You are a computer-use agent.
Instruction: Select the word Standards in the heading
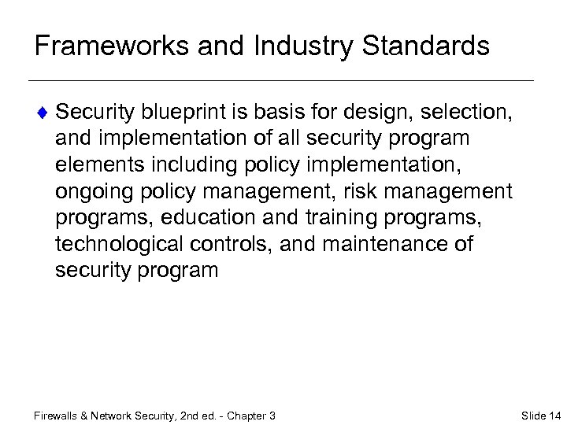click(425, 46)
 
